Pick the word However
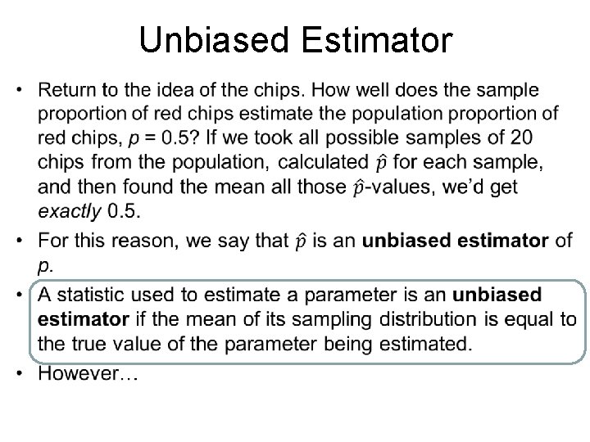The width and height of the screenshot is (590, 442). (84, 374)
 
